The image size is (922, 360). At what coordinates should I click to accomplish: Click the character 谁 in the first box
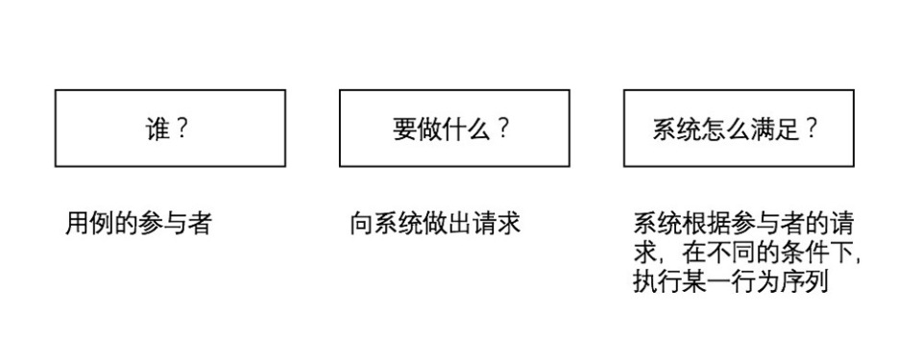pos(157,130)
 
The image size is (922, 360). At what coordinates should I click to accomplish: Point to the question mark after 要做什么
pos(502,130)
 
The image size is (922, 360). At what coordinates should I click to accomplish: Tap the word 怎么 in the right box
pos(727,130)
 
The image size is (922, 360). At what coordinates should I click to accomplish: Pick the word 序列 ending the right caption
pos(803,284)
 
